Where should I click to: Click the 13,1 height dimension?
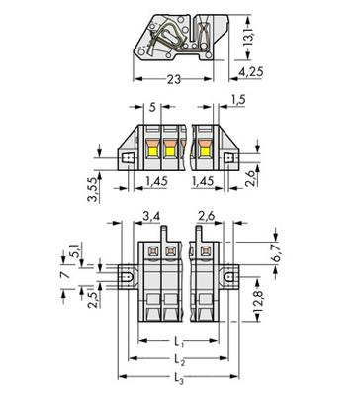coord(249,37)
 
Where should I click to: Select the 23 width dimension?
coord(174,79)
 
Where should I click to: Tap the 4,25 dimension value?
coord(251,72)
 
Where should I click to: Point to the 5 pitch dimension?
coord(152,107)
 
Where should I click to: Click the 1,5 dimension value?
coord(237,100)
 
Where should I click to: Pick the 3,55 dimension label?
coord(93,189)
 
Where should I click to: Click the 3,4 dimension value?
coord(151,217)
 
